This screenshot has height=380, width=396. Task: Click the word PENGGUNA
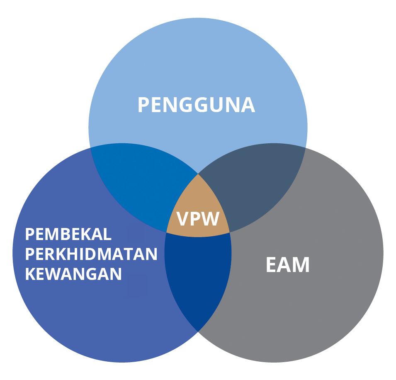pyautogui.click(x=196, y=105)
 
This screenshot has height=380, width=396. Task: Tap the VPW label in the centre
pyautogui.click(x=198, y=218)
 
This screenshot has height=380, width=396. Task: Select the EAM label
pyautogui.click(x=287, y=265)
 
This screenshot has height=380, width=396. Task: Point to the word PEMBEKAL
pyautogui.click(x=68, y=235)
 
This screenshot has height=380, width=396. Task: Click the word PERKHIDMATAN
pyautogui.click(x=91, y=254)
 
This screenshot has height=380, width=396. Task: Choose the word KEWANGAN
pyautogui.click(x=73, y=274)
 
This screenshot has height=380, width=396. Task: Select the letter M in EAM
pyautogui.click(x=301, y=265)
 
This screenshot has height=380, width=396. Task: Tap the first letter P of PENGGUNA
pyautogui.click(x=143, y=105)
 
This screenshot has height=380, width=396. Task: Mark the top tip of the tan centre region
pyautogui.click(x=198, y=174)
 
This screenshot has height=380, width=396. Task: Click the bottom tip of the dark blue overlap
pyautogui.click(x=198, y=330)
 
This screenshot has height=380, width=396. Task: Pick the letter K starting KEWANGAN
pyautogui.click(x=30, y=274)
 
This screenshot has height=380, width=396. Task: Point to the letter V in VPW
pyautogui.click(x=183, y=218)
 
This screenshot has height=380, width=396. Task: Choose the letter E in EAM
pyautogui.click(x=272, y=265)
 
